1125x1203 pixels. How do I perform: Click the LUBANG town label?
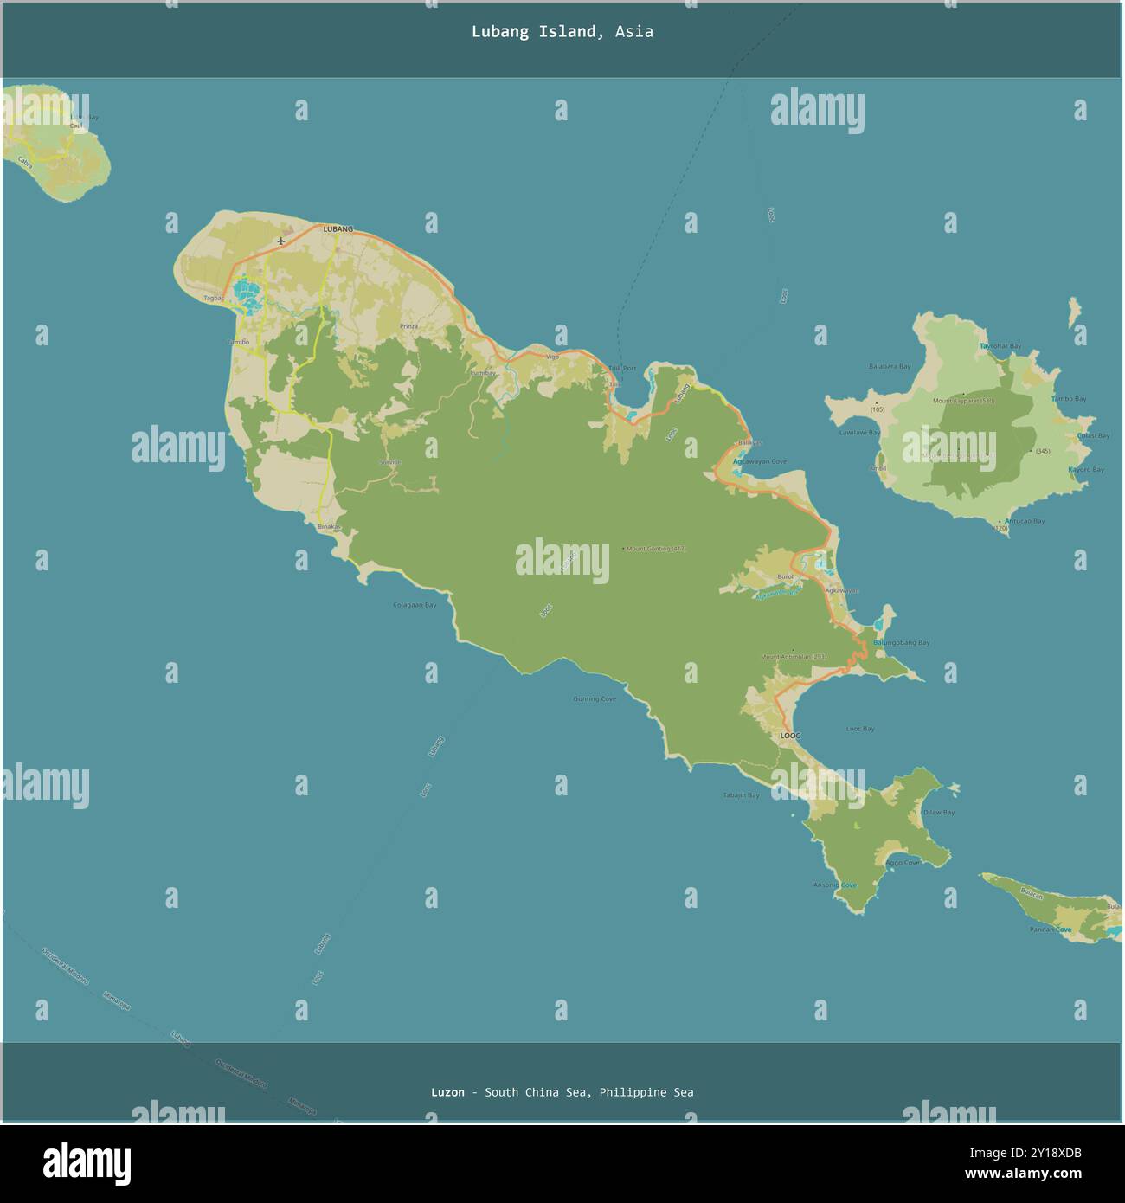(x=338, y=229)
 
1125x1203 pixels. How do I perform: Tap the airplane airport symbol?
(x=281, y=241)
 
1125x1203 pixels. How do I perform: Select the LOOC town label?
(x=791, y=736)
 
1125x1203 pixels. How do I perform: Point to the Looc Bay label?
(x=859, y=729)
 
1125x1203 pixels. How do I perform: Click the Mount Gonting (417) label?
(x=655, y=549)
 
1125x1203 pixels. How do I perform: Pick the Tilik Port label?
(x=621, y=368)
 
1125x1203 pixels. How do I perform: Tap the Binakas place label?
(x=330, y=527)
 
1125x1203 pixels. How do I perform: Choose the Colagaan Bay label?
(x=415, y=605)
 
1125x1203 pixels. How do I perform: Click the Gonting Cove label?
(x=595, y=698)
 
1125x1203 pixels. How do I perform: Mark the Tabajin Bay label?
(x=741, y=795)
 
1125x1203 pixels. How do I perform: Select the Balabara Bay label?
(x=890, y=366)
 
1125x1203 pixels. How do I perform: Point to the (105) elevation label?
(x=877, y=409)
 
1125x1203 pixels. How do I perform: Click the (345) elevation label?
(x=1042, y=452)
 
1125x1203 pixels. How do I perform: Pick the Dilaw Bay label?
(x=938, y=813)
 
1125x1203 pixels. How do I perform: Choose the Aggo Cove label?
(x=903, y=863)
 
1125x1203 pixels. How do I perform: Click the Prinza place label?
(x=408, y=326)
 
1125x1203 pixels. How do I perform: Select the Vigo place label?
(x=552, y=356)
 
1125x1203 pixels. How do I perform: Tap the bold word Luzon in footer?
(x=447, y=1092)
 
